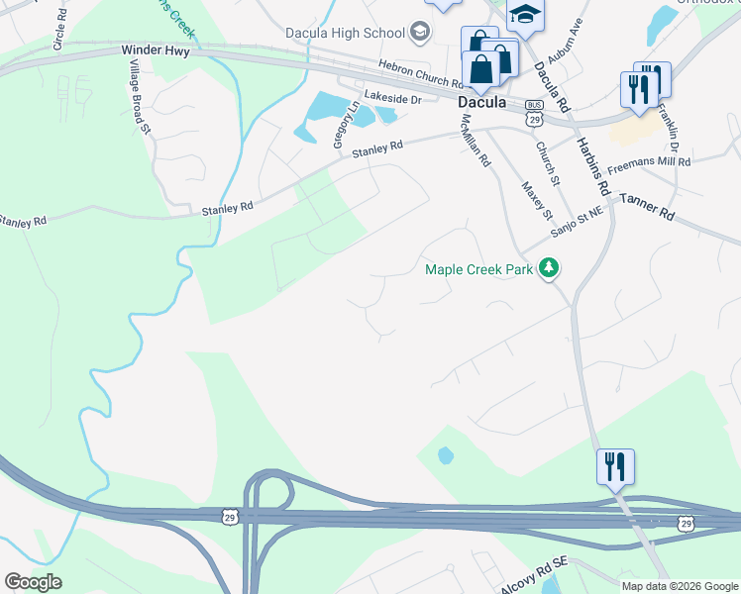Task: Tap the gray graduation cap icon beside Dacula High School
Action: [x=420, y=33]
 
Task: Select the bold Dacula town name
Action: [x=482, y=102]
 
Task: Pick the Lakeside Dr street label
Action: [x=392, y=99]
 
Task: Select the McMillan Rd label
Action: [x=476, y=138]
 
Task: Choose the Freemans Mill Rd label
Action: [x=649, y=161]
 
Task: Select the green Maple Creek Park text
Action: [x=478, y=268]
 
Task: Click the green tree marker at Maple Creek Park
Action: [x=549, y=268]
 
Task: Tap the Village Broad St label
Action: [x=139, y=95]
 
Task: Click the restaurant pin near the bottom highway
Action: [x=614, y=466]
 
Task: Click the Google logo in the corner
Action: [x=33, y=582]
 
